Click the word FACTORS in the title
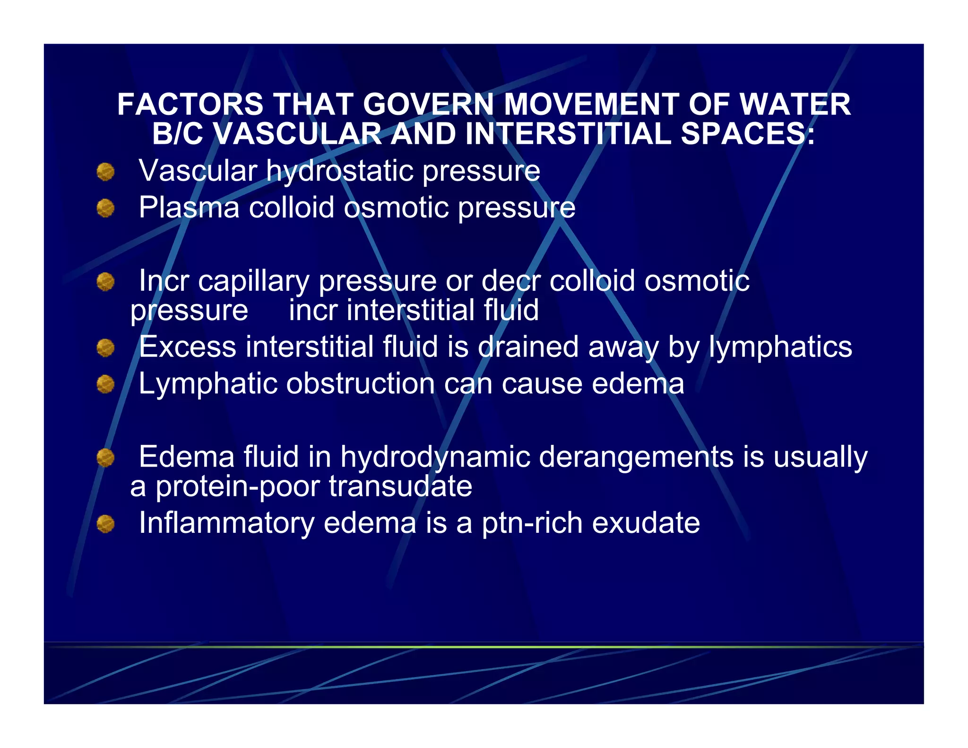tap(190, 104)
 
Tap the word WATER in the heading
tap(795, 104)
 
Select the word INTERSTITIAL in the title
tap(568, 134)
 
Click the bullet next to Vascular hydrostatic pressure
tap(105, 172)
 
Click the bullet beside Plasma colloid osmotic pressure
tap(105, 208)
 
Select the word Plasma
tap(189, 208)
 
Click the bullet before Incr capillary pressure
tap(105, 282)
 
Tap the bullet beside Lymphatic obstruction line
tap(105, 384)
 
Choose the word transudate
tap(400, 487)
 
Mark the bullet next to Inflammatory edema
tap(105, 524)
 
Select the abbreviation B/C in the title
tap(178, 134)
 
